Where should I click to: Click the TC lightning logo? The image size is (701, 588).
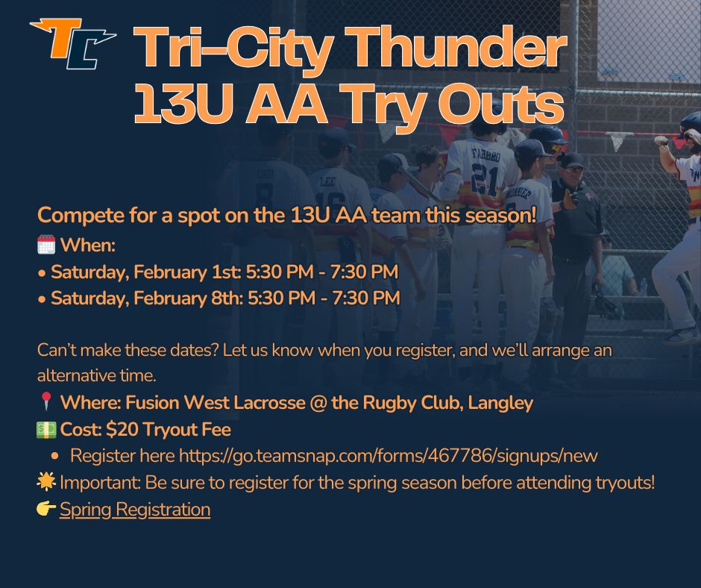pyautogui.click(x=73, y=44)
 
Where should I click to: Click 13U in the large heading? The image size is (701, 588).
pyautogui.click(x=183, y=104)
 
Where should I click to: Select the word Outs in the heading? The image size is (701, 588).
pyautogui.click(x=500, y=104)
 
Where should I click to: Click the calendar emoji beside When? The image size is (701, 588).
pyautogui.click(x=46, y=245)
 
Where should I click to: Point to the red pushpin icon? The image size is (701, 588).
pyautogui.click(x=46, y=401)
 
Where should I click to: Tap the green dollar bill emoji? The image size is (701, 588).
pyautogui.click(x=46, y=430)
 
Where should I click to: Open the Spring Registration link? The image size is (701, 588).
pyautogui.click(x=135, y=510)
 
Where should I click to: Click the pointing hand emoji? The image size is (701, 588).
pyautogui.click(x=46, y=508)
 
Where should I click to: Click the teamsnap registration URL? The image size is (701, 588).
pyautogui.click(x=388, y=456)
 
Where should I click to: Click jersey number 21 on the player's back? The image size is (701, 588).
pyautogui.click(x=484, y=179)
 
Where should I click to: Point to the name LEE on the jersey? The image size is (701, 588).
pyautogui.click(x=327, y=181)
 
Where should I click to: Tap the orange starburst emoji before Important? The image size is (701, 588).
pyautogui.click(x=46, y=482)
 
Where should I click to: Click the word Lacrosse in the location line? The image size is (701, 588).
pyautogui.click(x=269, y=402)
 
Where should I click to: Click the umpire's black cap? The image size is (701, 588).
pyautogui.click(x=571, y=160)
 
